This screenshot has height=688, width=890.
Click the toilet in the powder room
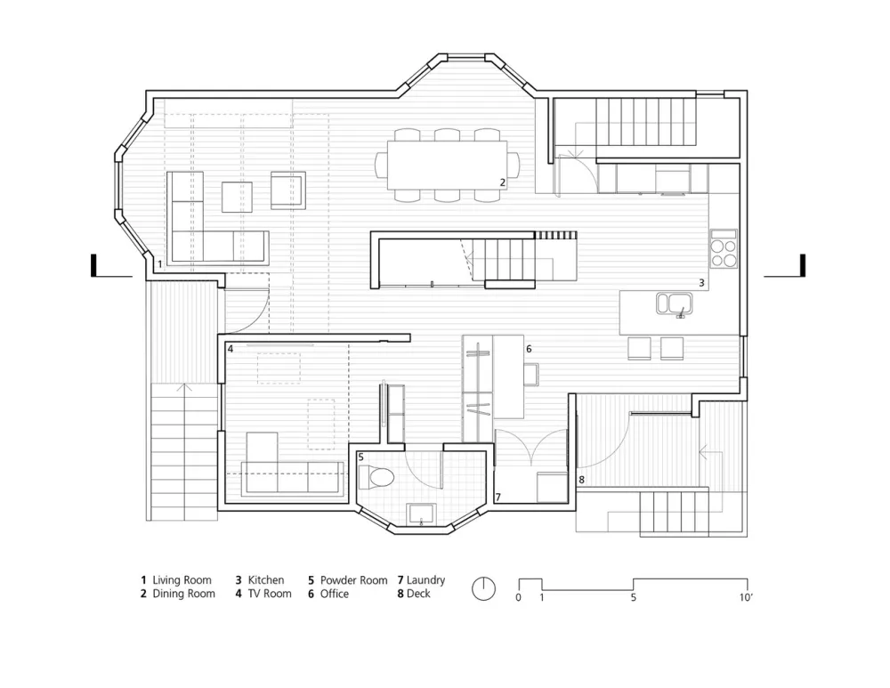pos(376,476)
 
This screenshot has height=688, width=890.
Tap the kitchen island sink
pos(675,304)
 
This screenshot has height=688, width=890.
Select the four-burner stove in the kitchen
pos(724,248)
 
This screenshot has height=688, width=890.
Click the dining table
pos(448,166)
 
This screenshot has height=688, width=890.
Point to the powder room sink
pos(421,514)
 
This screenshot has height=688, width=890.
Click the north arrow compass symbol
pos(483,588)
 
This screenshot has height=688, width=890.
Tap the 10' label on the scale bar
pos(746,597)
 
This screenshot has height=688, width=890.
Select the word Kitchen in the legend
pos(265,580)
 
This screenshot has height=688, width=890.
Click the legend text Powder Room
pos(353,580)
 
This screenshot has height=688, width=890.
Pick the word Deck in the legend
pos(418,594)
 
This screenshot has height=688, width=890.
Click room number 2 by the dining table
pos(502,182)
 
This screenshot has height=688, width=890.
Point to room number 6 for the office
pos(529,349)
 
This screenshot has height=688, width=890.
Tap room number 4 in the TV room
pos(231,349)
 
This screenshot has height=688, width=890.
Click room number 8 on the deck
pos(581,480)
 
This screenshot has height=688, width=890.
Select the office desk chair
pos(531,375)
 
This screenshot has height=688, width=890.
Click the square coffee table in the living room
pos(237,197)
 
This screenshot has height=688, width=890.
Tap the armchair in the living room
pos(287,190)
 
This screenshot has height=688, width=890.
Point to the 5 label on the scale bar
pos(634,597)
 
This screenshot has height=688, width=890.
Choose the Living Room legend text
pos(182,580)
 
